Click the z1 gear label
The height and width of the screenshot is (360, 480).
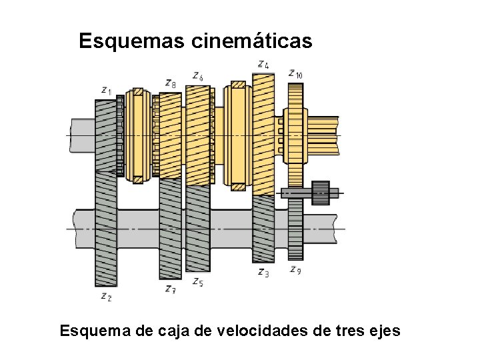point(107,89)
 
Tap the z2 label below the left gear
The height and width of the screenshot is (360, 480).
point(106,296)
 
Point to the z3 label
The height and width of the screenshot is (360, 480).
point(263,272)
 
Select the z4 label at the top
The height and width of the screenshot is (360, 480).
point(263,65)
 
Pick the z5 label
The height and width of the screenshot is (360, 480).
point(197,283)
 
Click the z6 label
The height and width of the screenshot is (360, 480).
point(197,77)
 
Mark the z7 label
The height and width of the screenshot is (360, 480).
point(171,289)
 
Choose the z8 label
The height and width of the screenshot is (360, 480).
point(171,83)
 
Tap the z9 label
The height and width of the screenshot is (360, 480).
point(296,270)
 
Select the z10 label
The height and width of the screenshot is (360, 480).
point(295,73)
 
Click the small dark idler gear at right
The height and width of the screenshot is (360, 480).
point(321,193)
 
